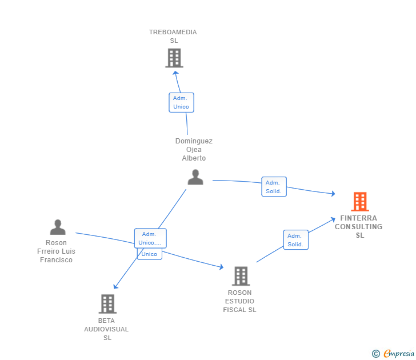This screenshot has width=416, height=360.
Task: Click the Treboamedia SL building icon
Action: (174, 58)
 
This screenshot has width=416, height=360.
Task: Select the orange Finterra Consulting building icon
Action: (359, 201)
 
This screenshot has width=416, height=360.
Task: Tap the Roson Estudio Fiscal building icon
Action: (241, 276)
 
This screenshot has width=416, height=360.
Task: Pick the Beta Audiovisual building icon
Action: (107, 304)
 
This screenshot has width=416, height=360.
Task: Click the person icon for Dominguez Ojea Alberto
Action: (195, 177)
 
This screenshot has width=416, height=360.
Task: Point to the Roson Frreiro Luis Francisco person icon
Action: (58, 227)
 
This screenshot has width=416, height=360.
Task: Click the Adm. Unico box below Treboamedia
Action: (181, 103)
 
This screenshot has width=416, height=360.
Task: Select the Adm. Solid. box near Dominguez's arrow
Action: (274, 187)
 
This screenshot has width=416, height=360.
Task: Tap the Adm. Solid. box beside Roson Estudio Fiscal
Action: (295, 240)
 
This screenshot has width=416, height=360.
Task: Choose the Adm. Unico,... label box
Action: (150, 238)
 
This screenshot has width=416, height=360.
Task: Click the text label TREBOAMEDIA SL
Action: (173, 36)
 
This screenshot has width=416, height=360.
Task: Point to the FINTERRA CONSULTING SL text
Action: (359, 227)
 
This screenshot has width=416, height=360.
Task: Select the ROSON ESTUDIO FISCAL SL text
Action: (239, 301)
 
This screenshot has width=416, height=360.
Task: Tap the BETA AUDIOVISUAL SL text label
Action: (107, 329)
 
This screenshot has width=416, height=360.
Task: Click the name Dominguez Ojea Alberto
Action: (194, 150)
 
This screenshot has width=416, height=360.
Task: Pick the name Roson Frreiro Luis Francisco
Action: (57, 251)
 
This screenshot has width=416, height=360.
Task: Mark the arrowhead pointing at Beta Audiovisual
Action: (115, 286)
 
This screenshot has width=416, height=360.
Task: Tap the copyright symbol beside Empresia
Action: (376, 354)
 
